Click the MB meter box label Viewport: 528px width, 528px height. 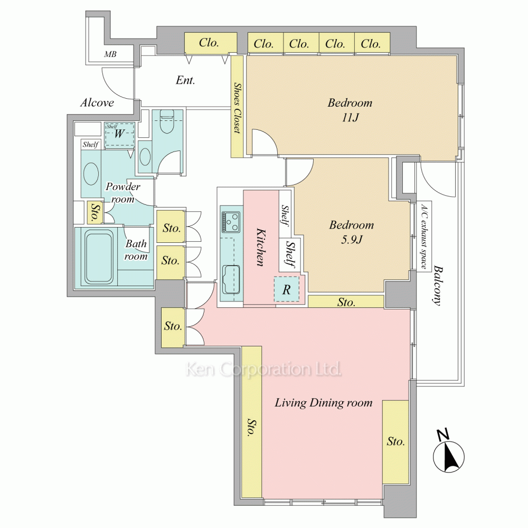pyautogui.click(x=110, y=54)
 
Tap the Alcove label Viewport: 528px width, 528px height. pyautogui.click(x=97, y=103)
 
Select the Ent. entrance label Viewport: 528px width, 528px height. pyautogui.click(x=185, y=80)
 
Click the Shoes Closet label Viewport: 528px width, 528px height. pyautogui.click(x=238, y=108)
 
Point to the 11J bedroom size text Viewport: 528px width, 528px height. pyautogui.click(x=350, y=118)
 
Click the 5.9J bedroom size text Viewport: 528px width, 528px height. pyautogui.click(x=352, y=239)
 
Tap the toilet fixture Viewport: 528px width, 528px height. pyautogui.click(x=167, y=122)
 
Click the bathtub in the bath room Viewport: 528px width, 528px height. pyautogui.click(x=99, y=257)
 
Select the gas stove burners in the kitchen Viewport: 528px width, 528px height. pyautogui.click(x=231, y=222)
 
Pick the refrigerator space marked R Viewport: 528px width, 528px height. pyautogui.click(x=286, y=289)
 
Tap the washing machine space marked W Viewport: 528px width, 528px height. pyautogui.click(x=119, y=134)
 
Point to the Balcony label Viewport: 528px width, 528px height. pyautogui.click(x=437, y=286)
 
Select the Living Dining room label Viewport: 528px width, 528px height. pyautogui.click(x=324, y=403)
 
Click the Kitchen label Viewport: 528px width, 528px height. pyautogui.click(x=260, y=247)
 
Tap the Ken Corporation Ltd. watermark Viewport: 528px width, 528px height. pyautogui.click(x=263, y=369)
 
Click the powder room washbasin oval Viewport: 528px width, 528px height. pyautogui.click(x=91, y=173)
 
